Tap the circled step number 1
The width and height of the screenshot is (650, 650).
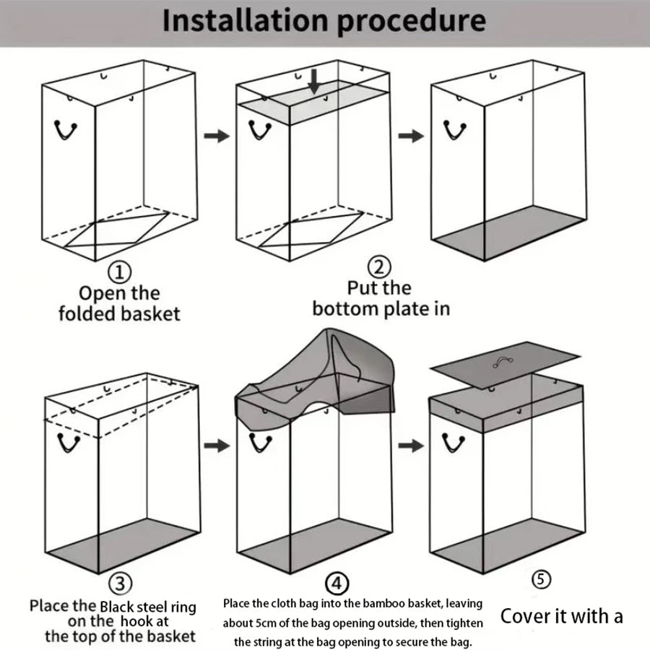click(x=120, y=272)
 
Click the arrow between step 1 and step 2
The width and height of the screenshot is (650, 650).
click(x=216, y=135)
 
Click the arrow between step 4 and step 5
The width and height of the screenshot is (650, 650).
click(x=412, y=446)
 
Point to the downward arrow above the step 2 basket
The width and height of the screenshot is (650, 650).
click(x=314, y=82)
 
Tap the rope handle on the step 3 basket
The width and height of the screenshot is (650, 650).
click(x=69, y=443)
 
